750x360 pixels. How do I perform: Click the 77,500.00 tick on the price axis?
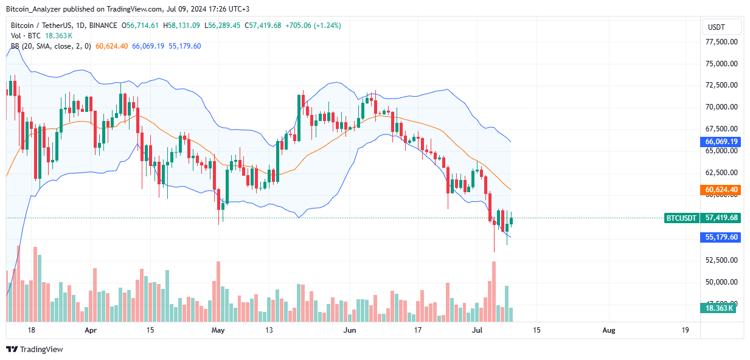coord(721,42)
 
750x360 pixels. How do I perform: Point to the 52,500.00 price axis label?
coord(721,260)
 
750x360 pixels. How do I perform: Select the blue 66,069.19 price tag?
coord(722,142)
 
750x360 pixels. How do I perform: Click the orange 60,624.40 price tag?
coord(722,190)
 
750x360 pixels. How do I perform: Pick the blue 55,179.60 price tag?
coord(722,237)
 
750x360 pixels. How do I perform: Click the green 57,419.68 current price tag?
coord(722,218)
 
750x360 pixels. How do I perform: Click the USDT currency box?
coord(721,27)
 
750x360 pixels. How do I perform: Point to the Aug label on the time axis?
coord(609,330)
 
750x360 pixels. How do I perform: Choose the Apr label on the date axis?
coord(91,330)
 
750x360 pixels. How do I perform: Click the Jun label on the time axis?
coord(349,330)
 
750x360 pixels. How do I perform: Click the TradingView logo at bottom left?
coord(35,349)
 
